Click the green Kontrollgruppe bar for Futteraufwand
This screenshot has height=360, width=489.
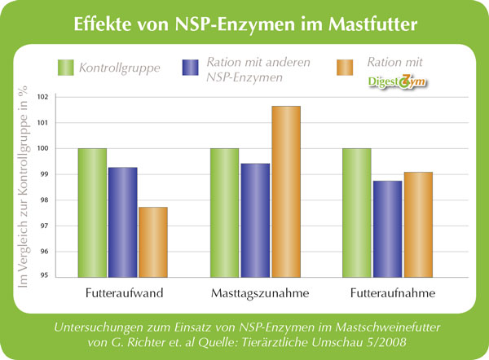(x=92, y=213)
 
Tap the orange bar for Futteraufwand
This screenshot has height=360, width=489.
(x=152, y=242)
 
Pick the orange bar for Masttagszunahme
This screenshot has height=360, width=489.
(x=285, y=191)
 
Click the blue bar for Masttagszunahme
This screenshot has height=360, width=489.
(x=255, y=220)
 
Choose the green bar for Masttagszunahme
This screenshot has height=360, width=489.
(x=225, y=213)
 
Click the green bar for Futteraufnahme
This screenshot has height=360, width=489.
(x=357, y=213)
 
